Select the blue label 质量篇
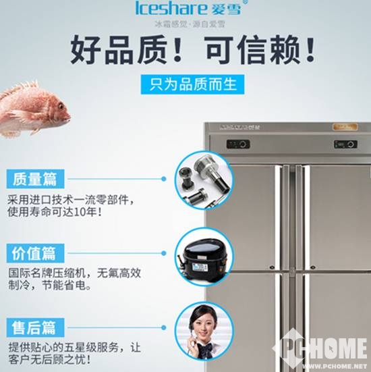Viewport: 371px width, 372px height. (x=38, y=179)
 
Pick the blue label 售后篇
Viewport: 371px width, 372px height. (x=38, y=327)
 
